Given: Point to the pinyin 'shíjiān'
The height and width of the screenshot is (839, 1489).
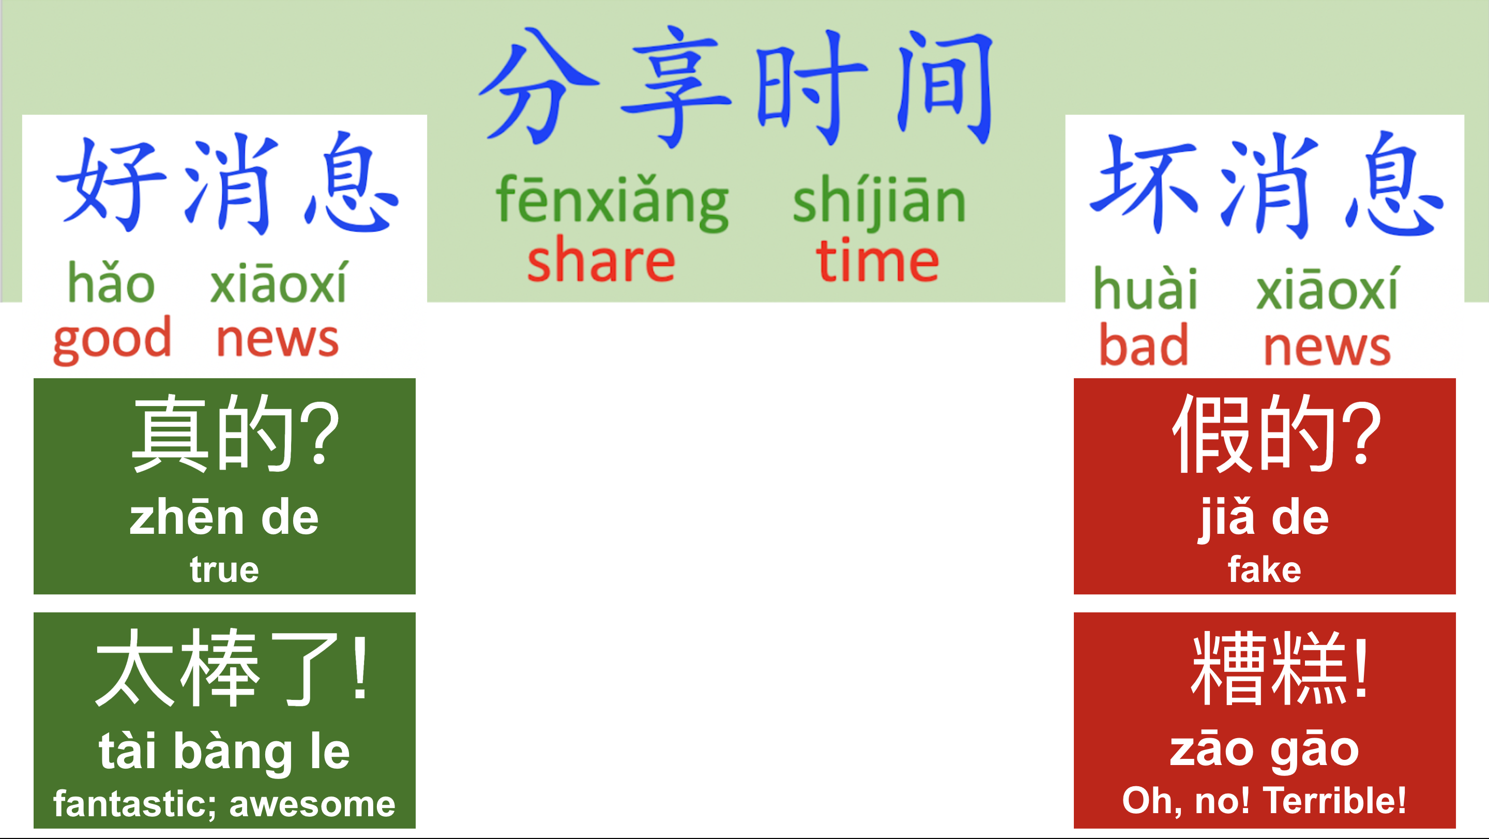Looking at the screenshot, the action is [x=879, y=199].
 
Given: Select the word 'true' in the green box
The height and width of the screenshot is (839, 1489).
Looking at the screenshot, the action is [x=224, y=570].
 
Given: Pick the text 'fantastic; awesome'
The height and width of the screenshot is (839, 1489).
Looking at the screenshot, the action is [x=224, y=804].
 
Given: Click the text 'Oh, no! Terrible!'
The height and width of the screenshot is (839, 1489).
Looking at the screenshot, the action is [x=1264, y=801].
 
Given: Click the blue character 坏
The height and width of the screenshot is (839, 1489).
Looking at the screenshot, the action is [x=1143, y=184].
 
